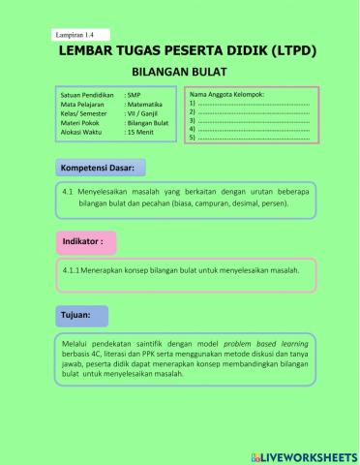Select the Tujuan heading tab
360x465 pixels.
coord(77,316)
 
